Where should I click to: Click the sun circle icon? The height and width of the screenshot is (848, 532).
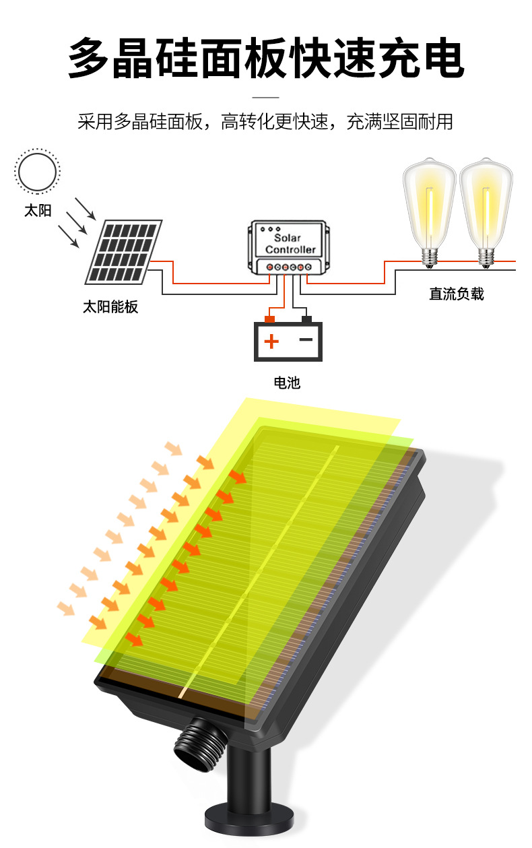coord(37,172)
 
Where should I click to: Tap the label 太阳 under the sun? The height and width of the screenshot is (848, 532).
coord(38,211)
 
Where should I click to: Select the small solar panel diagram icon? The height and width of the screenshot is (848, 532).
coord(124,252)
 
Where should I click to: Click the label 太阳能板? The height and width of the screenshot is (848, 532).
coord(110,306)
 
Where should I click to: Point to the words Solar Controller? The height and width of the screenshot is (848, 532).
coord(290,243)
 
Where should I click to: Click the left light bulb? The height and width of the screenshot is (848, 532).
coord(430,213)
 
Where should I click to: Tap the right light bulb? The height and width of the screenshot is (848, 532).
coord(486,213)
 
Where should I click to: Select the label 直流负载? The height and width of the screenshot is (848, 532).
coord(457,294)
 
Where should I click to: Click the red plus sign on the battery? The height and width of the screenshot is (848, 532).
coord(271,341)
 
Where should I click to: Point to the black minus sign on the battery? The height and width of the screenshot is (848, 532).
coord(306,339)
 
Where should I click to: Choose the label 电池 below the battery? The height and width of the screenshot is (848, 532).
coord(287,383)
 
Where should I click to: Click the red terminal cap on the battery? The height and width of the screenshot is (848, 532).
coord(269,319)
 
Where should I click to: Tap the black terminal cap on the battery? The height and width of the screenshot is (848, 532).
coord(306,319)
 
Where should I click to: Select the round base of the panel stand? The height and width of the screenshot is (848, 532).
coord(249,826)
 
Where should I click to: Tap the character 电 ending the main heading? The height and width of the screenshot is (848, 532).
coord(443,58)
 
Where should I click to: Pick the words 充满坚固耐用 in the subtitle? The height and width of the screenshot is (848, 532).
coord(399,121)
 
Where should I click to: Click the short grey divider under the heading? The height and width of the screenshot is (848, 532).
coord(265,97)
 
